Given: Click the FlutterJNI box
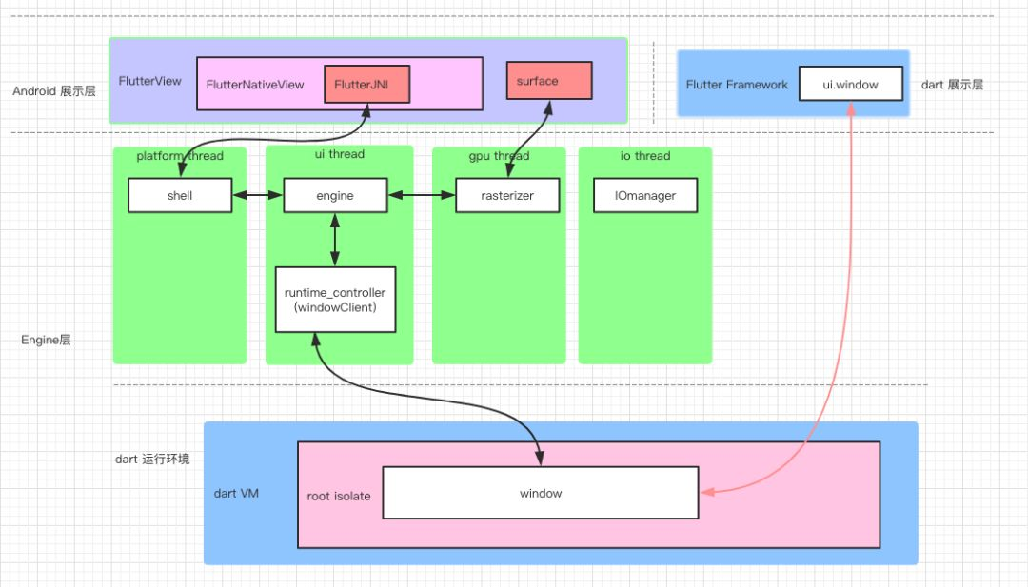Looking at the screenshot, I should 366,85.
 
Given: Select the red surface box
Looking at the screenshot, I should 548,81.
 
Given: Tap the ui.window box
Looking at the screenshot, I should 850,85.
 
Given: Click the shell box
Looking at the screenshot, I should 180,196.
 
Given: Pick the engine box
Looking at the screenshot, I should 334,196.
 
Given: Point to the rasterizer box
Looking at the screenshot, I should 507,196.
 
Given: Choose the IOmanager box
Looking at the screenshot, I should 645,196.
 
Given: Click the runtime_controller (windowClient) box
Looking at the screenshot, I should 335,299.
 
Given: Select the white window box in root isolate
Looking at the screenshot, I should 540,493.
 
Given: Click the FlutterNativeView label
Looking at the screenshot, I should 255,85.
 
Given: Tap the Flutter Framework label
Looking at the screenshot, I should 737,85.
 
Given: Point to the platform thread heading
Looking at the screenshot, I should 180,155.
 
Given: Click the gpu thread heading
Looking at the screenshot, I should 499,156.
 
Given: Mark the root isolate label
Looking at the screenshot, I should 339,496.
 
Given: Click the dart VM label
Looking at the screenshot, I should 237,493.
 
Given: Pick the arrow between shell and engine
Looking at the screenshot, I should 258,196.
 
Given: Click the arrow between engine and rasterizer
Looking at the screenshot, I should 421,196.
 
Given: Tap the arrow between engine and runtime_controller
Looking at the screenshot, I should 335,240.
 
